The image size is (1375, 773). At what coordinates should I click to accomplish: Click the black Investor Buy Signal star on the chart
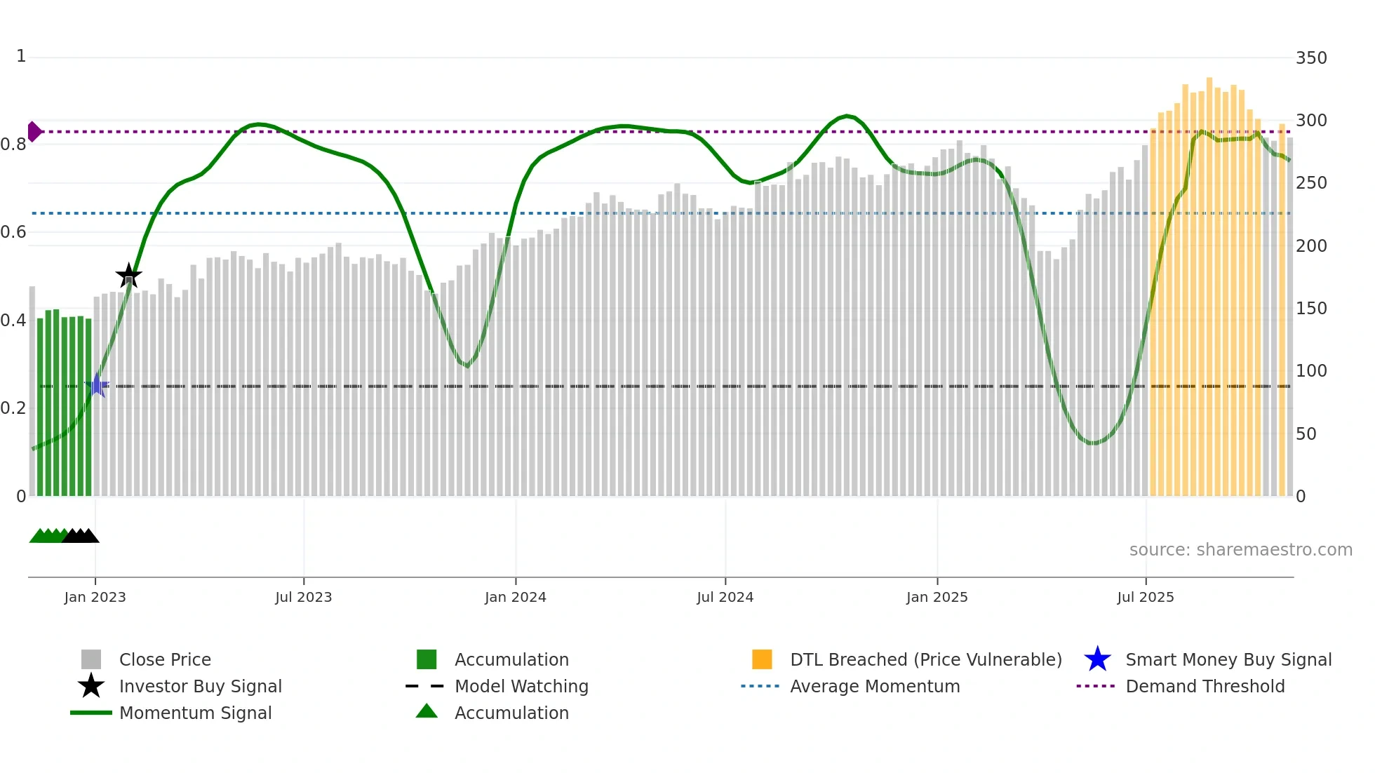pos(128,276)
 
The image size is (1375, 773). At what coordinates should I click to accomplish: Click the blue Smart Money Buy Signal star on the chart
pos(97,385)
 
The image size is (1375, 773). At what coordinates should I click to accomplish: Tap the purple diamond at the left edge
pos(34,131)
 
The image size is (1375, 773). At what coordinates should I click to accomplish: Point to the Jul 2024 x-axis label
pos(725,597)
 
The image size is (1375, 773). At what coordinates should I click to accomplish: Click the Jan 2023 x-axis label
pos(95,597)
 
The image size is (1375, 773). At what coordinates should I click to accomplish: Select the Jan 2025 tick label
pos(937,597)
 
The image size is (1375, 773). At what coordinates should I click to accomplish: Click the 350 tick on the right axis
pos(1310,58)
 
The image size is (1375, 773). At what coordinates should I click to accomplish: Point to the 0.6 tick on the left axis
pos(14,231)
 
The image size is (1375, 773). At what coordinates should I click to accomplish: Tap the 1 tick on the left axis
pos(21,56)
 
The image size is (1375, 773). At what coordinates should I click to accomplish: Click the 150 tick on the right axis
pos(1310,308)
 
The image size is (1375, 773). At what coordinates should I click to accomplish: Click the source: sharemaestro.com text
pos(1240,549)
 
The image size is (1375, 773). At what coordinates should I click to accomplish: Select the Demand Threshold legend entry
pos(1205,686)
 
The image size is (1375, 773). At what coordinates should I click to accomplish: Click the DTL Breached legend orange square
pos(762,659)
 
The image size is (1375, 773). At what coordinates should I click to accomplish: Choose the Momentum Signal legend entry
pos(195,713)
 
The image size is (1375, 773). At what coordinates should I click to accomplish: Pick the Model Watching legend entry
pos(521,686)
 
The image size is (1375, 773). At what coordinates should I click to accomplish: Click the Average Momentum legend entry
pos(874,686)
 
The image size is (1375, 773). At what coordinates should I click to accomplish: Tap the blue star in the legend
pos(1097,659)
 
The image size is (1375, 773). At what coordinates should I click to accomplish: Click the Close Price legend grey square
pos(91,659)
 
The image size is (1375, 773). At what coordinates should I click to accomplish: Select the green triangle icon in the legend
pos(427,711)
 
